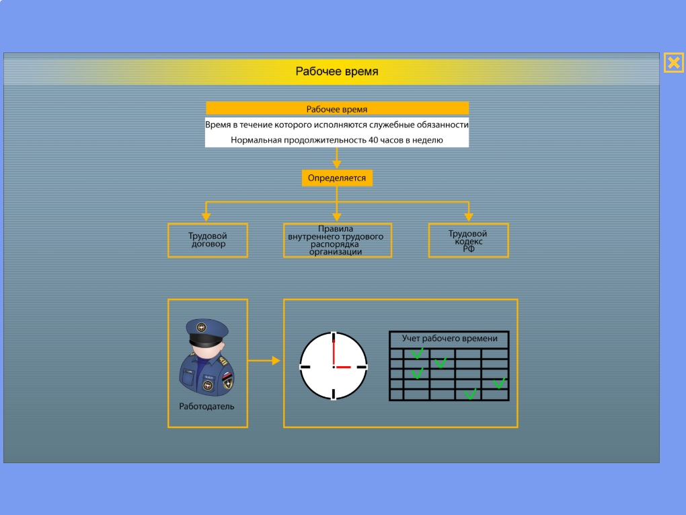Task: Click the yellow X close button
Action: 674,63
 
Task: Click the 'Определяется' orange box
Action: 337,178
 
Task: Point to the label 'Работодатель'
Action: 206,407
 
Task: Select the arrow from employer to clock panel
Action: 264,360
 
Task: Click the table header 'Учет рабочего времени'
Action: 449,339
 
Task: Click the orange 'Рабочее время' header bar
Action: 337,108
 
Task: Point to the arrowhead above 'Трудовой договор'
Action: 206,217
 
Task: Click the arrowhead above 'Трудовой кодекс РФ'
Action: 469,217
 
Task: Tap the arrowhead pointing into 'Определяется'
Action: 336,164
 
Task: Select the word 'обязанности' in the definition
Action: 441,125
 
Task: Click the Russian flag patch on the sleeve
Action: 227,377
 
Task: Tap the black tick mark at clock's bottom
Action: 334,394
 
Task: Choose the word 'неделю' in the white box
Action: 428,140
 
